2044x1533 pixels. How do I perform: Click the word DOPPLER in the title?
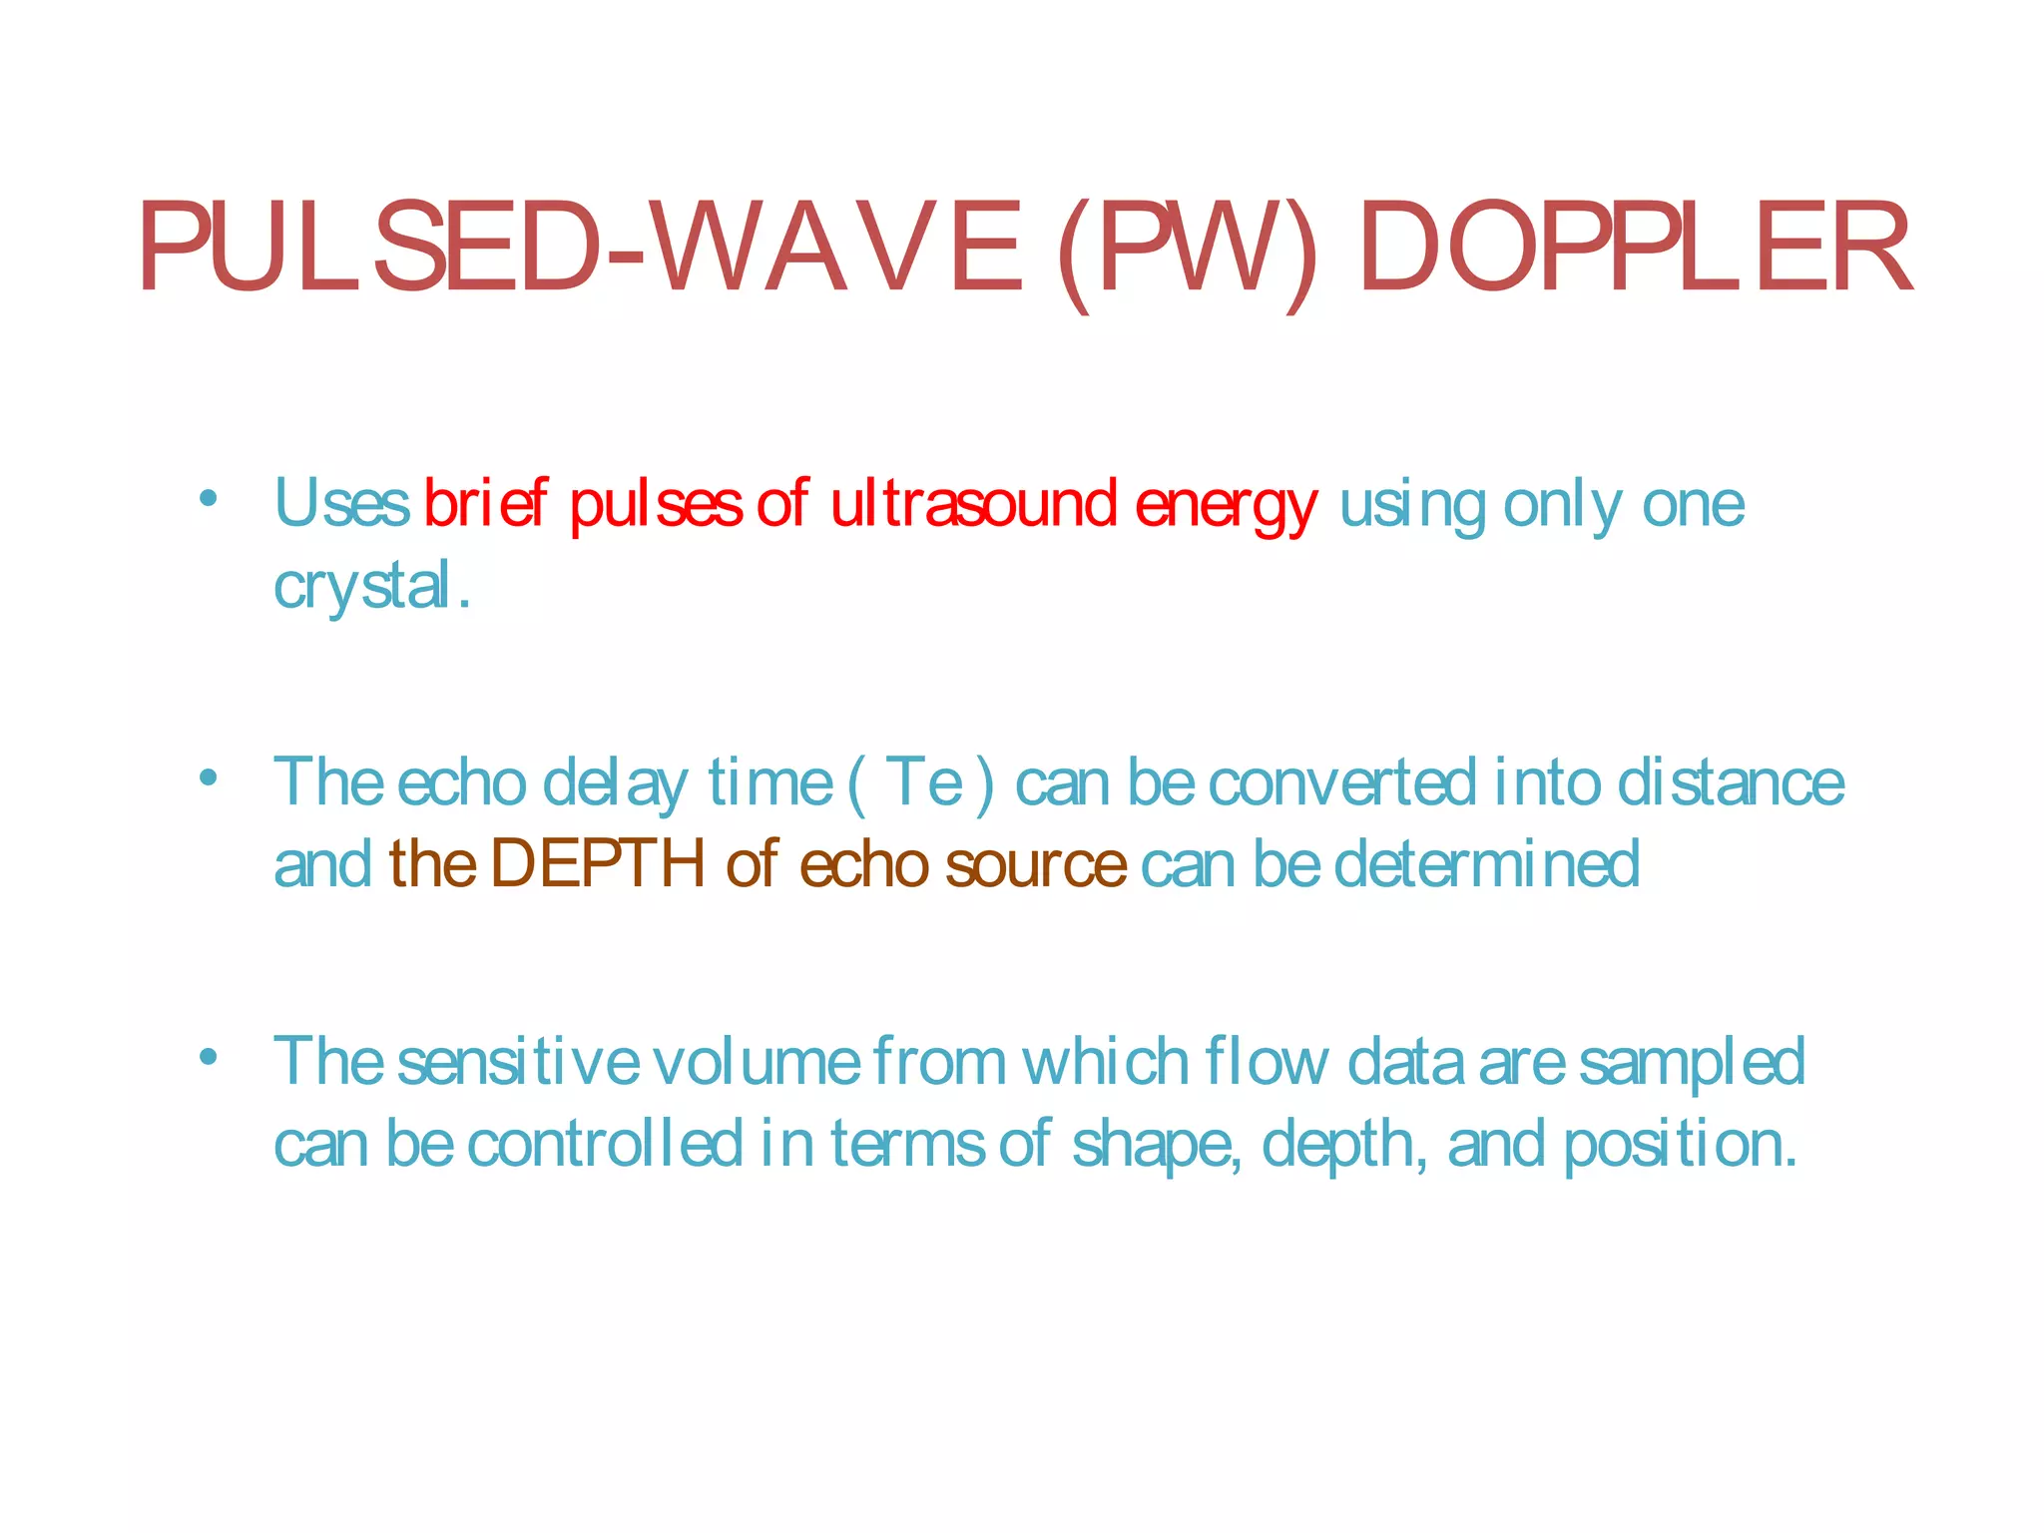coord(1635,248)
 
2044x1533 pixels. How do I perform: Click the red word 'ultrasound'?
coord(973,503)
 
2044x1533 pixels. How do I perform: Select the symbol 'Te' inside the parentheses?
coord(924,782)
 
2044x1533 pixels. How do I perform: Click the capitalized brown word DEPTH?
coord(598,863)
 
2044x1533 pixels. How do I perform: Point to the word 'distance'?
coord(1731,782)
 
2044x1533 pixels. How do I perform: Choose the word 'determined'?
coord(1487,863)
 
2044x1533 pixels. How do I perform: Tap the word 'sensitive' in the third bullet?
coord(518,1062)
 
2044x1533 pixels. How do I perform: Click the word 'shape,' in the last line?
coord(1158,1146)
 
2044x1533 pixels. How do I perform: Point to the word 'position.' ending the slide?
coord(1681,1146)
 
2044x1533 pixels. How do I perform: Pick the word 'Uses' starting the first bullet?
coord(341,503)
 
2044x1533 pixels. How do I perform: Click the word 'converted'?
coord(1342,782)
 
